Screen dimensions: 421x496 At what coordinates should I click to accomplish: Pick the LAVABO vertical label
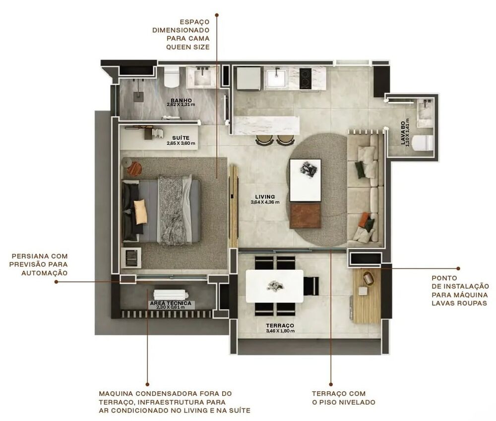[405, 131]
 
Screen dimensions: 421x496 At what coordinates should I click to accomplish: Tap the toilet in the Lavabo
[423, 143]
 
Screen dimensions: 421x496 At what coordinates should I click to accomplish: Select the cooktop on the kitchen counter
[306, 78]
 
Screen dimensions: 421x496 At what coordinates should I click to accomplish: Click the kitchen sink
[274, 78]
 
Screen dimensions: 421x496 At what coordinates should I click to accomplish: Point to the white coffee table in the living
[305, 180]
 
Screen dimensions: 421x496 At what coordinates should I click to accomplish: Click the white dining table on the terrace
[274, 286]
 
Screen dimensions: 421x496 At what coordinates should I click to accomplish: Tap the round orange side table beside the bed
[134, 168]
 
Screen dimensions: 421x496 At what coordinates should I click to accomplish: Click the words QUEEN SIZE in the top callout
[187, 47]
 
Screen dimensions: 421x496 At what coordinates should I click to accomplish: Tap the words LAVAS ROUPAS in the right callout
[459, 303]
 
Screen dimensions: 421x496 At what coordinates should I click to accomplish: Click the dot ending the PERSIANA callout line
[56, 282]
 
